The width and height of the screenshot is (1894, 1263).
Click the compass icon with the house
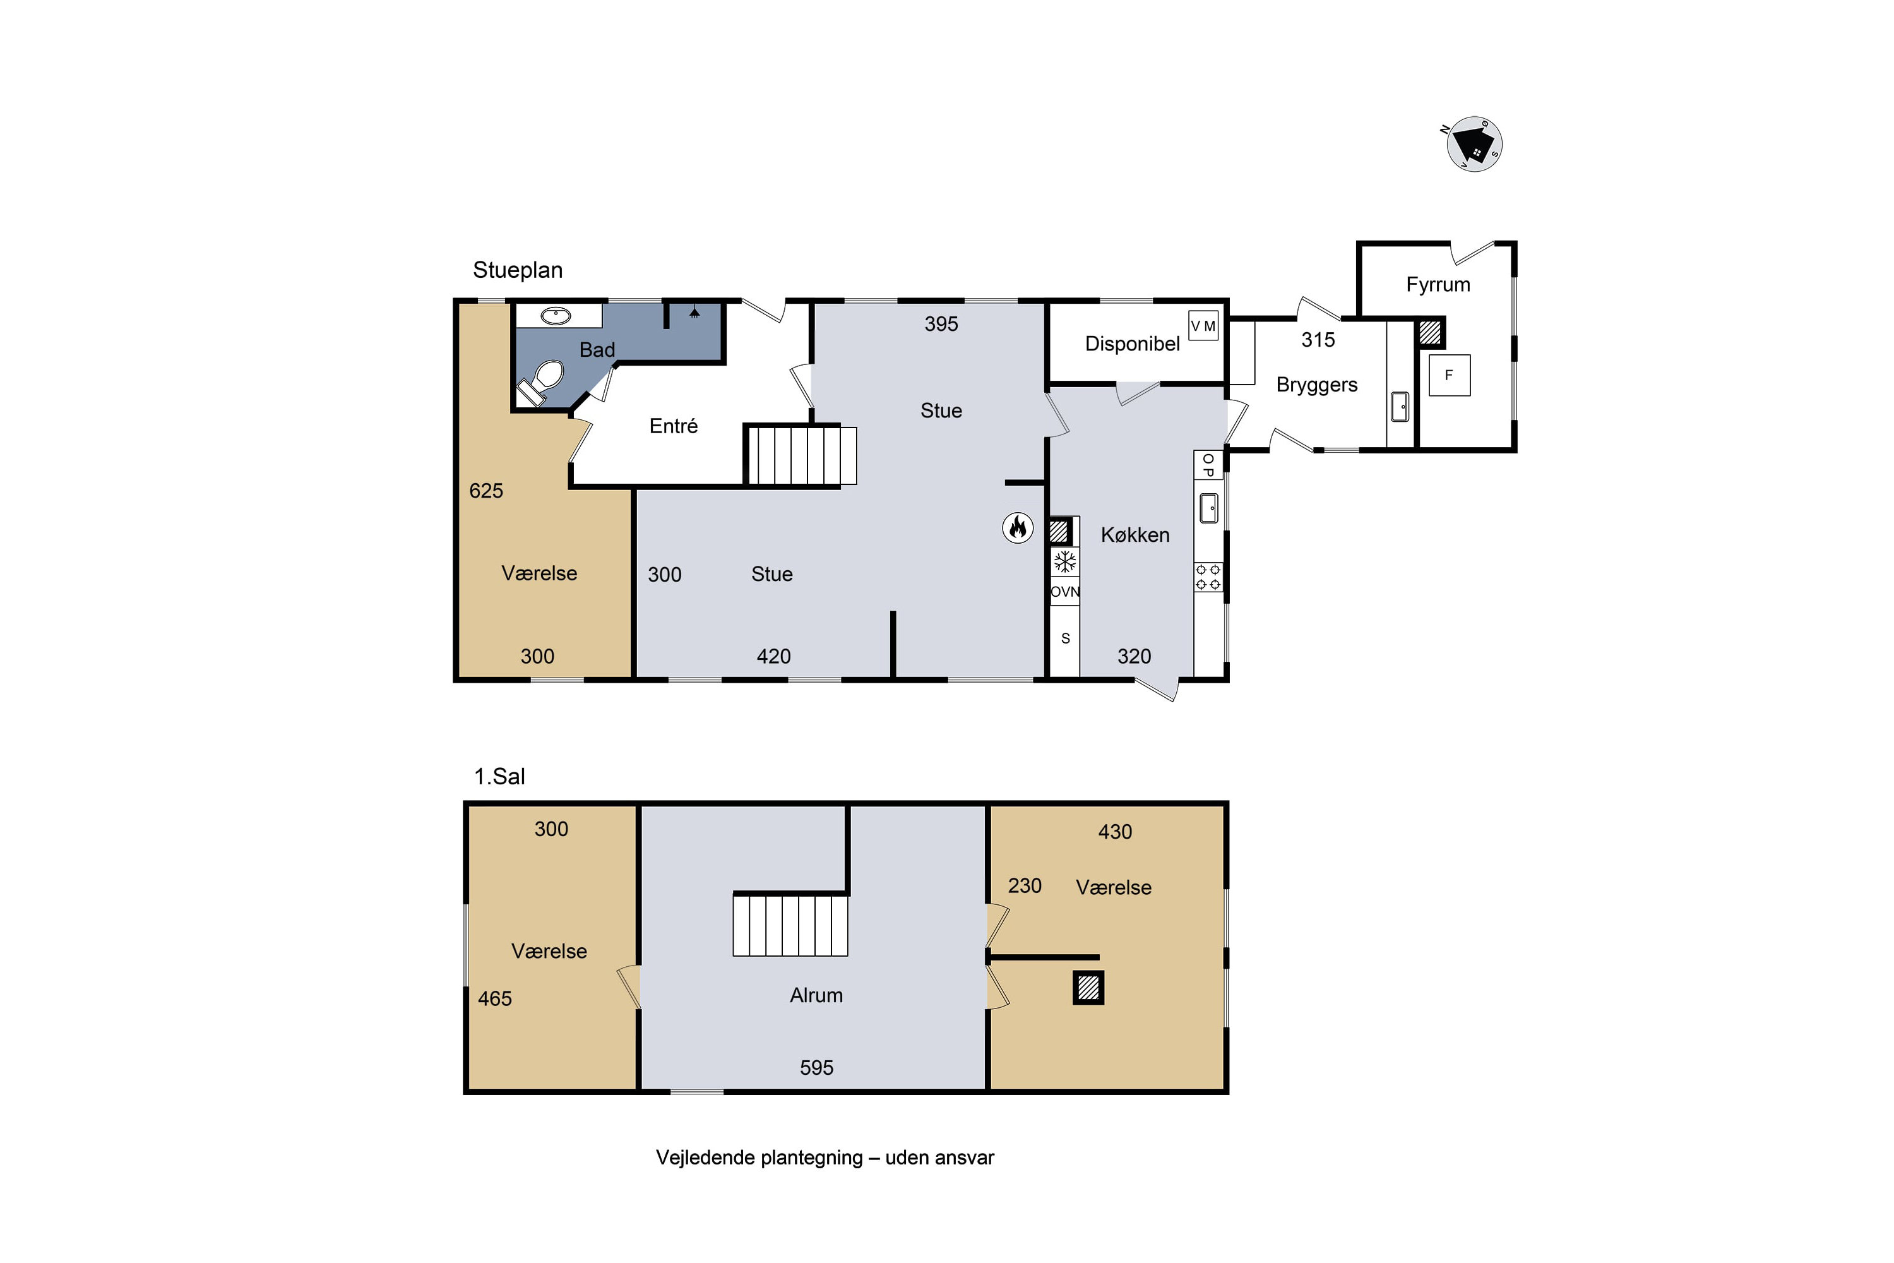pyautogui.click(x=1474, y=144)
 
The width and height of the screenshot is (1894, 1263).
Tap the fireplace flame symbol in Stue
pyautogui.click(x=1018, y=529)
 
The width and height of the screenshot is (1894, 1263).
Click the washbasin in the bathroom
pyautogui.click(x=556, y=316)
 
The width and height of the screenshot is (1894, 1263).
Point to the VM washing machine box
pyautogui.click(x=1203, y=325)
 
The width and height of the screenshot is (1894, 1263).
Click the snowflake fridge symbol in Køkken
pyautogui.click(x=1064, y=561)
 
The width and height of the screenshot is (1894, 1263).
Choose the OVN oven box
pyautogui.click(x=1064, y=591)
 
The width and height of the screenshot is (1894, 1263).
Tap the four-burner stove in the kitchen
pyautogui.click(x=1208, y=577)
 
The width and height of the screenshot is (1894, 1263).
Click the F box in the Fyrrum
pyautogui.click(x=1450, y=375)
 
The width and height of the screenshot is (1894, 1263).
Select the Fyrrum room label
pyautogui.click(x=1438, y=284)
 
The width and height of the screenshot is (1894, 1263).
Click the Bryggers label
pyautogui.click(x=1316, y=385)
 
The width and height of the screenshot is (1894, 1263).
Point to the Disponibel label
pyautogui.click(x=1132, y=344)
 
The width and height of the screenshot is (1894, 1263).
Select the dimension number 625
pyautogui.click(x=485, y=491)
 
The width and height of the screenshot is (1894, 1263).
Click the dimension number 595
pyautogui.click(x=816, y=1067)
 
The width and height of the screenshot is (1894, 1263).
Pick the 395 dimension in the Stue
pyautogui.click(x=941, y=324)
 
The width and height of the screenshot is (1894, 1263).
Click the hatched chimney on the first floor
pyautogui.click(x=1088, y=988)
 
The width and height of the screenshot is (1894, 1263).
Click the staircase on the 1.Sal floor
pyautogui.click(x=790, y=925)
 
